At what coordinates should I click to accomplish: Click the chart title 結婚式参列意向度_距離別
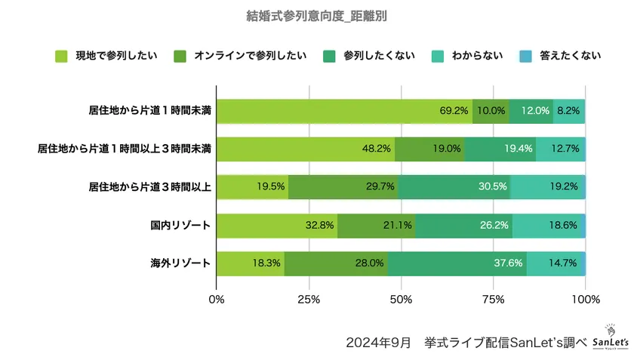click(317, 16)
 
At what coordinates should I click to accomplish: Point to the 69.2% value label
click(454, 110)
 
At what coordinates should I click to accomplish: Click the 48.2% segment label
click(377, 149)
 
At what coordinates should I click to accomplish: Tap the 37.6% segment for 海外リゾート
click(457, 263)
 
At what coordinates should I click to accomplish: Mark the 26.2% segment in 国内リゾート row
click(463, 225)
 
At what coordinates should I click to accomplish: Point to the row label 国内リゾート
click(180, 225)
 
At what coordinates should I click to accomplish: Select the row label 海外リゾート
click(180, 263)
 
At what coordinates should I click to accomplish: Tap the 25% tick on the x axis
click(309, 300)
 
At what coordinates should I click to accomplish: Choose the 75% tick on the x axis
click(493, 300)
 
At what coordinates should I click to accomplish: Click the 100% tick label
click(586, 300)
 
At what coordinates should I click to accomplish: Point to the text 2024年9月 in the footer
click(378, 342)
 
